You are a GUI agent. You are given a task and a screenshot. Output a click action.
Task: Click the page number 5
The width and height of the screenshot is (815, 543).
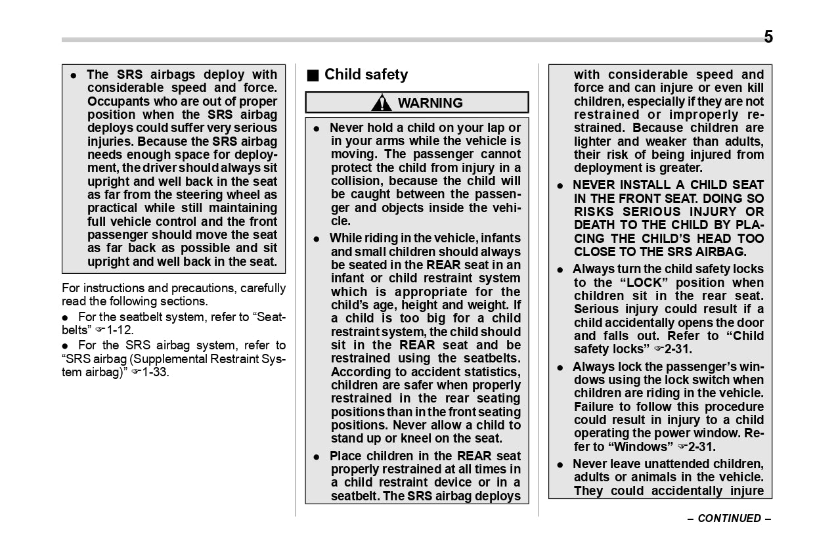[768, 37]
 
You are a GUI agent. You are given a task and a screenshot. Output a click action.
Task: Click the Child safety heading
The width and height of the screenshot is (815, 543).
[366, 75]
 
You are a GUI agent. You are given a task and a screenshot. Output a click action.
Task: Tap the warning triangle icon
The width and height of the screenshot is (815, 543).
[381, 103]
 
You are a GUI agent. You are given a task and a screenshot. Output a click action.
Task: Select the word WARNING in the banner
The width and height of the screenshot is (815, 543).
[430, 103]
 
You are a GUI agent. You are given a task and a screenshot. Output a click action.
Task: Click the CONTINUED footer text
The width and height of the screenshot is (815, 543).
[729, 518]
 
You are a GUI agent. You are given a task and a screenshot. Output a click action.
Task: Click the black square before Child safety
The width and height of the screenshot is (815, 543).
[313, 76]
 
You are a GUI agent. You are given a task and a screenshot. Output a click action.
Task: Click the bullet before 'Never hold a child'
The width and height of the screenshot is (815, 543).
[317, 129]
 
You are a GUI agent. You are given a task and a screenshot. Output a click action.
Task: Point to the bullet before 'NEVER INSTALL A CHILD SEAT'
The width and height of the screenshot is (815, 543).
[560, 186]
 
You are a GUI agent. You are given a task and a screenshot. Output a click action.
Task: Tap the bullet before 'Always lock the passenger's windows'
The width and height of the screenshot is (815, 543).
[560, 368]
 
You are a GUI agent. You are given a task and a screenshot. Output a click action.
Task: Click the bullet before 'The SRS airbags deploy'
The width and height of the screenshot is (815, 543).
[74, 76]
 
